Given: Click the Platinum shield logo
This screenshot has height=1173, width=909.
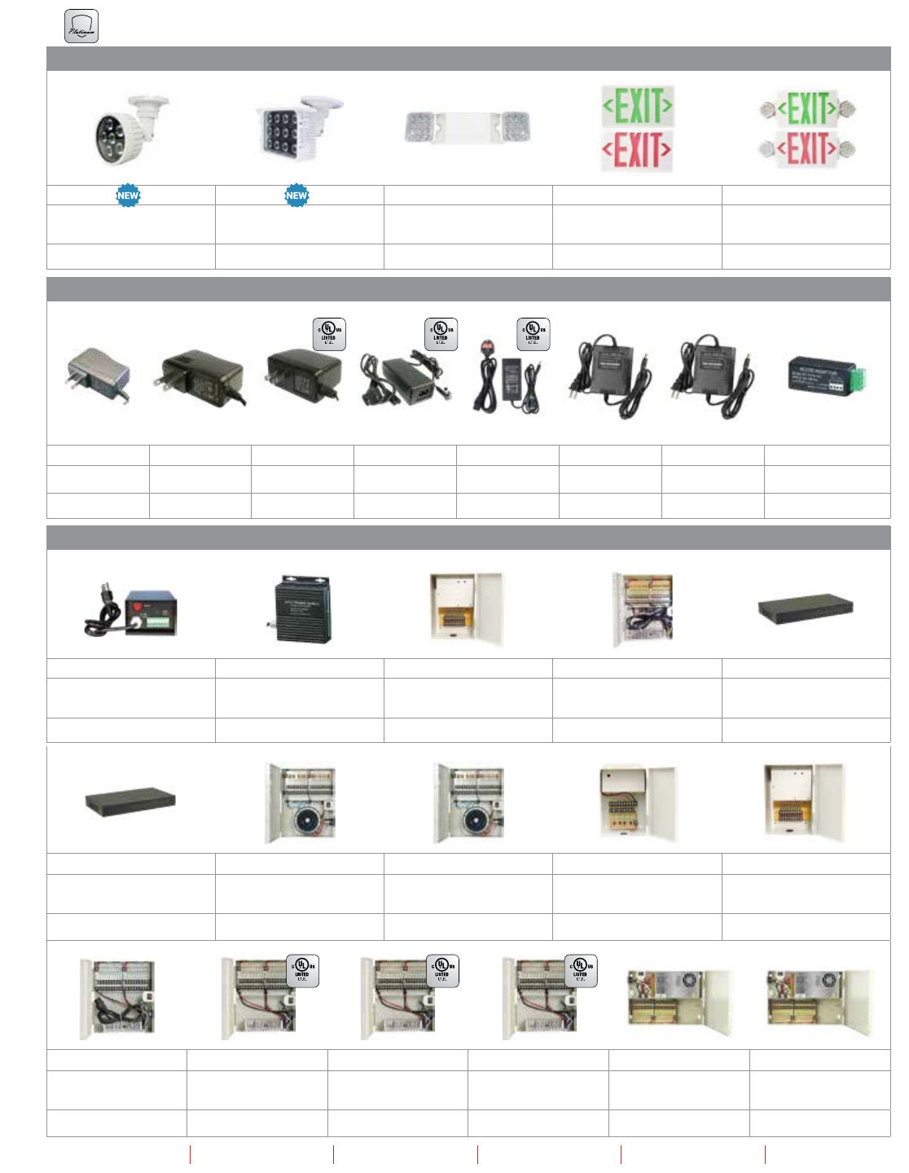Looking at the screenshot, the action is click(81, 26).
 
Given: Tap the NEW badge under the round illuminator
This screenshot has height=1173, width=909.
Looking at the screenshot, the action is click(128, 195).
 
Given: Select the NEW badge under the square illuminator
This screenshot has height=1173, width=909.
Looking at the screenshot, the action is click(296, 195).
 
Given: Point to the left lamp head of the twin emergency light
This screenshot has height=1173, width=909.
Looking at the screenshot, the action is click(420, 128).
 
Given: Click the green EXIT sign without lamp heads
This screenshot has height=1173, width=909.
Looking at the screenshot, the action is click(638, 106).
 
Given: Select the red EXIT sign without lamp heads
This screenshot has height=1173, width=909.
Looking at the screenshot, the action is click(638, 151).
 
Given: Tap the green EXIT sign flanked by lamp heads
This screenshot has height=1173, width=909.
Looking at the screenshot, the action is click(806, 108).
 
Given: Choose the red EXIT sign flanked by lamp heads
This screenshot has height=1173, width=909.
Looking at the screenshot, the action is click(806, 148).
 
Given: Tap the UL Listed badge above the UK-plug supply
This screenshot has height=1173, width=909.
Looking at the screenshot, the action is click(533, 334).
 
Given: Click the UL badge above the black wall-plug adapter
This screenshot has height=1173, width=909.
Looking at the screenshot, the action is click(329, 334).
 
